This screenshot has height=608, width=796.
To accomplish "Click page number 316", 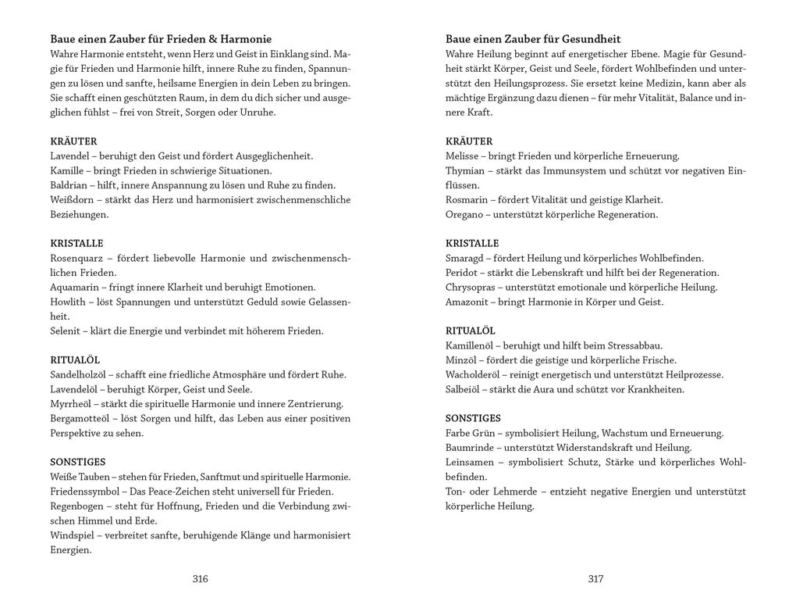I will click(x=200, y=579).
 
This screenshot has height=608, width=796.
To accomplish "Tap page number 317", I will click(x=595, y=579).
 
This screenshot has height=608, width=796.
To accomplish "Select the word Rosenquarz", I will click(x=76, y=258).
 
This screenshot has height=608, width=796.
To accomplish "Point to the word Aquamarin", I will click(x=74, y=287).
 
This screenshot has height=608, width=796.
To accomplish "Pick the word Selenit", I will click(x=66, y=331).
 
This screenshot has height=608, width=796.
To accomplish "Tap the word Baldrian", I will click(x=69, y=185).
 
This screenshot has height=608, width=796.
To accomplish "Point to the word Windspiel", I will click(x=73, y=535).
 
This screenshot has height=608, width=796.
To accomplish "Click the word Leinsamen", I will click(x=470, y=462).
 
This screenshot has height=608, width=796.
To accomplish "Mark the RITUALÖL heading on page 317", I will click(x=470, y=331).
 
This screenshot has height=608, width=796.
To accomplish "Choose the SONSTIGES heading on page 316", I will click(x=77, y=462).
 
